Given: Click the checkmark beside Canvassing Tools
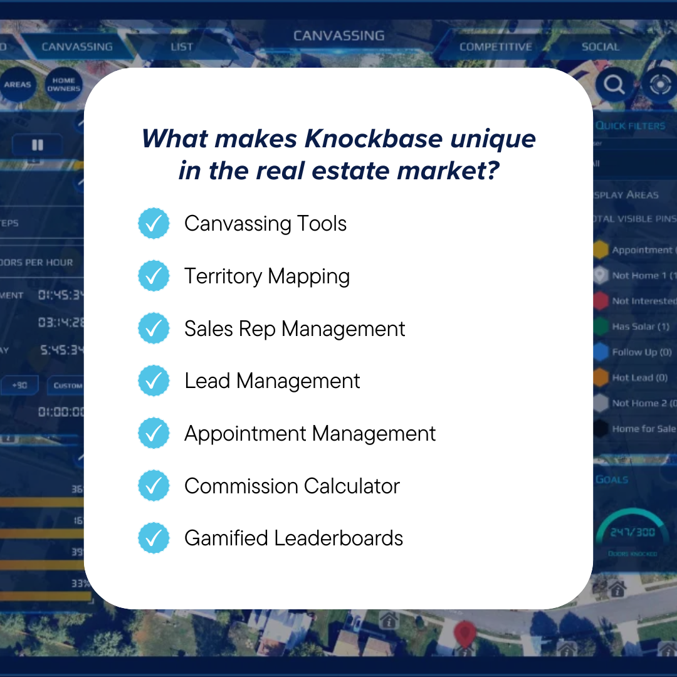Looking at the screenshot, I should point(154,224).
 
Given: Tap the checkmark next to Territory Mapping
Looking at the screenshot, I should point(154,276).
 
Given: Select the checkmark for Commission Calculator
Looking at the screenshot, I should point(154,486).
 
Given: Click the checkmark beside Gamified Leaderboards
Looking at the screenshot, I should point(154,538).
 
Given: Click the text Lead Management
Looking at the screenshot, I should point(272,381).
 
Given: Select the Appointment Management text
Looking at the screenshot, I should point(310,434).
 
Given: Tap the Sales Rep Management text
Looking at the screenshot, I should point(295,329).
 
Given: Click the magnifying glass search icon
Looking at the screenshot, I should point(614,84).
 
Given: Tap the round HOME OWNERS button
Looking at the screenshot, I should point(63,85).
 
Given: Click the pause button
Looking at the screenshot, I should point(38,145).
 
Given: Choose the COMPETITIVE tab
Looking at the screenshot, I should point(495,47).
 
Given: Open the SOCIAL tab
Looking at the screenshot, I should point(600,47).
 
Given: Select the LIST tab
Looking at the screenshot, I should point(182,47).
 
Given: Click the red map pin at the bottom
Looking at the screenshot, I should point(464,634).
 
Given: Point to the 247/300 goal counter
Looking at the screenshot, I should point(632,532).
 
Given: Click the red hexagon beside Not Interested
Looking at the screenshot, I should point(601,301).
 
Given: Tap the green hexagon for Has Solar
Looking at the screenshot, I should point(601,327).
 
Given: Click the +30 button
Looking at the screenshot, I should point(19,385).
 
